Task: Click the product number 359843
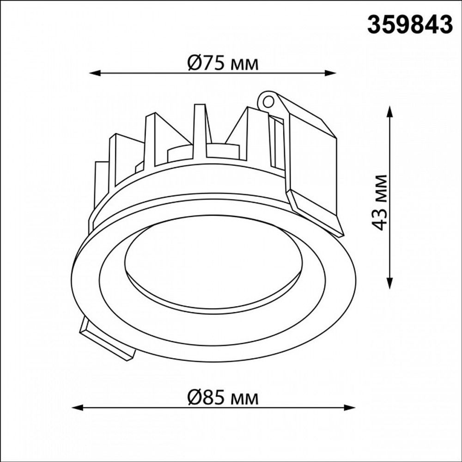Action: pyautogui.click(x=409, y=24)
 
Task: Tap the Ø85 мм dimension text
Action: pyautogui.click(x=223, y=397)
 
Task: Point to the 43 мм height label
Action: pyautogui.click(x=380, y=202)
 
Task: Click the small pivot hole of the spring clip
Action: pyautogui.click(x=267, y=101)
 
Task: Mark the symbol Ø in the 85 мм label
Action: pyautogui.click(x=194, y=397)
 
